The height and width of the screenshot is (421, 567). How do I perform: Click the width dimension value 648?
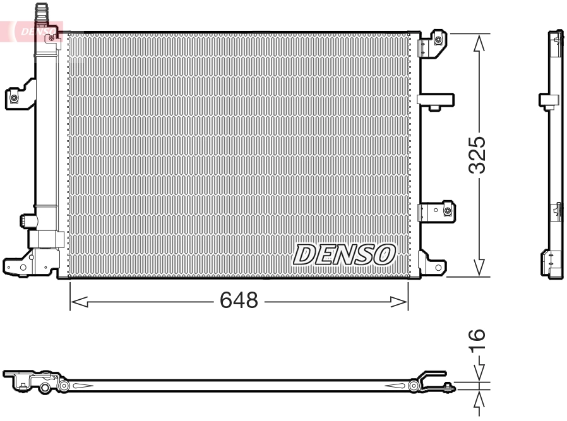pos(239,301)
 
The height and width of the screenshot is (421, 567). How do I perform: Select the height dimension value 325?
pos(479,154)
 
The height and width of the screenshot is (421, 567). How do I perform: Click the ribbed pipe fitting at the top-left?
pos(42,13)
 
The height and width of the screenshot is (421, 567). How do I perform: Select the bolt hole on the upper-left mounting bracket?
pos(14,98)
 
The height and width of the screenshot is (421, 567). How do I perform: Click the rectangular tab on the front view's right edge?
pos(436,100)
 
